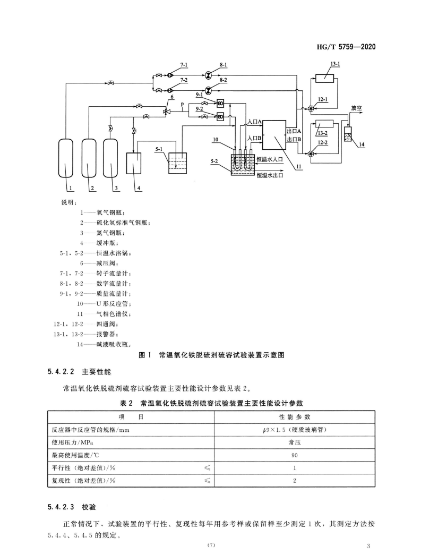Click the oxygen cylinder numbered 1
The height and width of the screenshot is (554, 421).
pyautogui.click(x=65, y=158)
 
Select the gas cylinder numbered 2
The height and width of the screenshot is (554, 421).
pyautogui.click(x=89, y=158)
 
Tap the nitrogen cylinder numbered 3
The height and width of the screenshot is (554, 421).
pyautogui.click(x=111, y=158)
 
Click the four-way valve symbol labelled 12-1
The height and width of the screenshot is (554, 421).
pyautogui.click(x=311, y=109)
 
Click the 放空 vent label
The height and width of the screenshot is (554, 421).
pyautogui.click(x=356, y=107)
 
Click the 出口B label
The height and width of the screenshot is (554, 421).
pyautogui.click(x=295, y=139)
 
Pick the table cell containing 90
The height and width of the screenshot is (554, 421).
pyautogui.click(x=295, y=455)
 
